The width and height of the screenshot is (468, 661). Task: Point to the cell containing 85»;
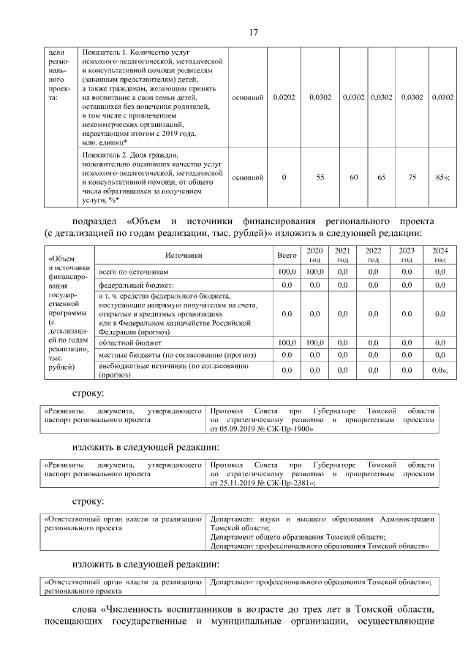coord(442,177)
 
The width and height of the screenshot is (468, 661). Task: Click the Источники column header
coord(183,256)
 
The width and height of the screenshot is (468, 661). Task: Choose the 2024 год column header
coord(439,255)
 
